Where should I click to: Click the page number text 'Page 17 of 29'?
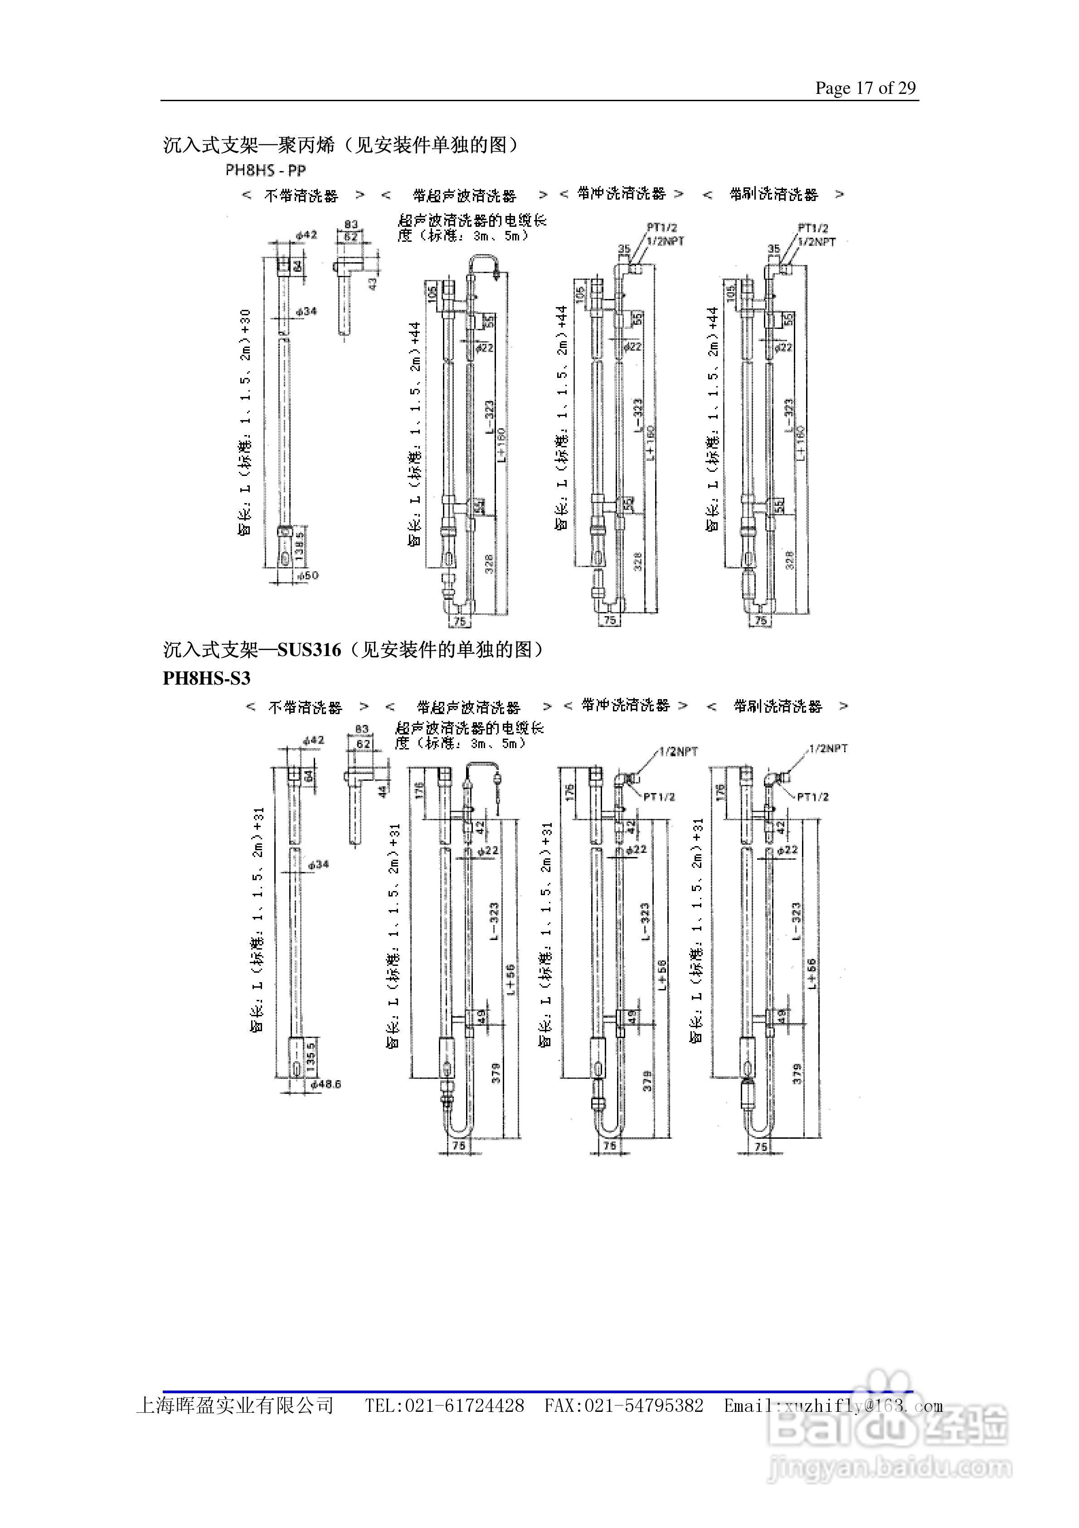point(865,88)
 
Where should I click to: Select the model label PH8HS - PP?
point(265,171)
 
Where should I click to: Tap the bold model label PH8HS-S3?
point(206,678)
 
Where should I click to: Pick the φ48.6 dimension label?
point(326,1084)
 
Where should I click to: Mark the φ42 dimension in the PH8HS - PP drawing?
point(306,234)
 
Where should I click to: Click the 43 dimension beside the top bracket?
point(373,282)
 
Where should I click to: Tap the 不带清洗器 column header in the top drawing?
point(301,196)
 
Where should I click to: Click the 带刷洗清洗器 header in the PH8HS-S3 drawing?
point(778,706)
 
